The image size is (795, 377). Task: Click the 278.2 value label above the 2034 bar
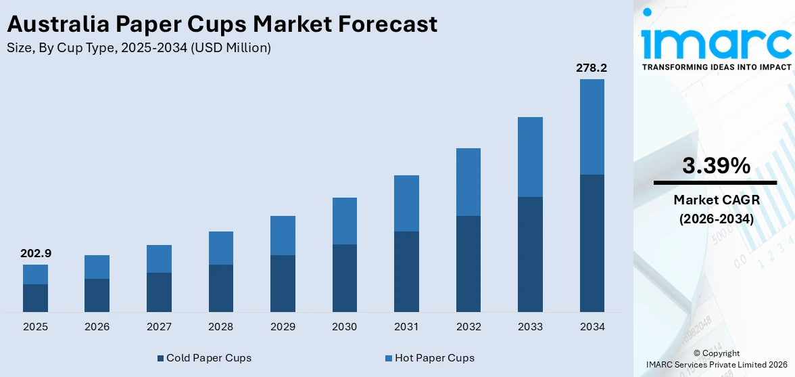tap(592, 68)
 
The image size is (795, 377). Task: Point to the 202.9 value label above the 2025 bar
tap(35, 254)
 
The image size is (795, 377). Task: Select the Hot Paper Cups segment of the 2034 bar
tap(592, 127)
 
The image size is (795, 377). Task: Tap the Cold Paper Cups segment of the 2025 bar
tap(35, 298)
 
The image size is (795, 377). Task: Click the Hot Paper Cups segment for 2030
tap(344, 221)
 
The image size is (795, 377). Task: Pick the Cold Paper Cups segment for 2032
tap(468, 264)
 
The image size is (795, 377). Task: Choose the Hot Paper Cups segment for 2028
tap(220, 248)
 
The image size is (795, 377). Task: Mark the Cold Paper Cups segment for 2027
tap(159, 292)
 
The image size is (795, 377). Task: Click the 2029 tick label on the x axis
tap(283, 327)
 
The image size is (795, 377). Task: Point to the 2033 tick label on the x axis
tap(530, 327)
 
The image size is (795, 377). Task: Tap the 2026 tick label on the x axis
tap(97, 327)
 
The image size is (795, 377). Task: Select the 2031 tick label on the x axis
tap(406, 327)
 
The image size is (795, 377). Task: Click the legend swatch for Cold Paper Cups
tap(160, 358)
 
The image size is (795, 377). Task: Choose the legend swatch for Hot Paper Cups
tap(389, 358)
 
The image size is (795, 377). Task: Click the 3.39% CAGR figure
tap(716, 166)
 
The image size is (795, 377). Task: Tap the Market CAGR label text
tap(716, 200)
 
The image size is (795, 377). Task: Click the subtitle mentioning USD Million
tap(139, 48)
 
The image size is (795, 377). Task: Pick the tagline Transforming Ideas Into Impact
tap(716, 67)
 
